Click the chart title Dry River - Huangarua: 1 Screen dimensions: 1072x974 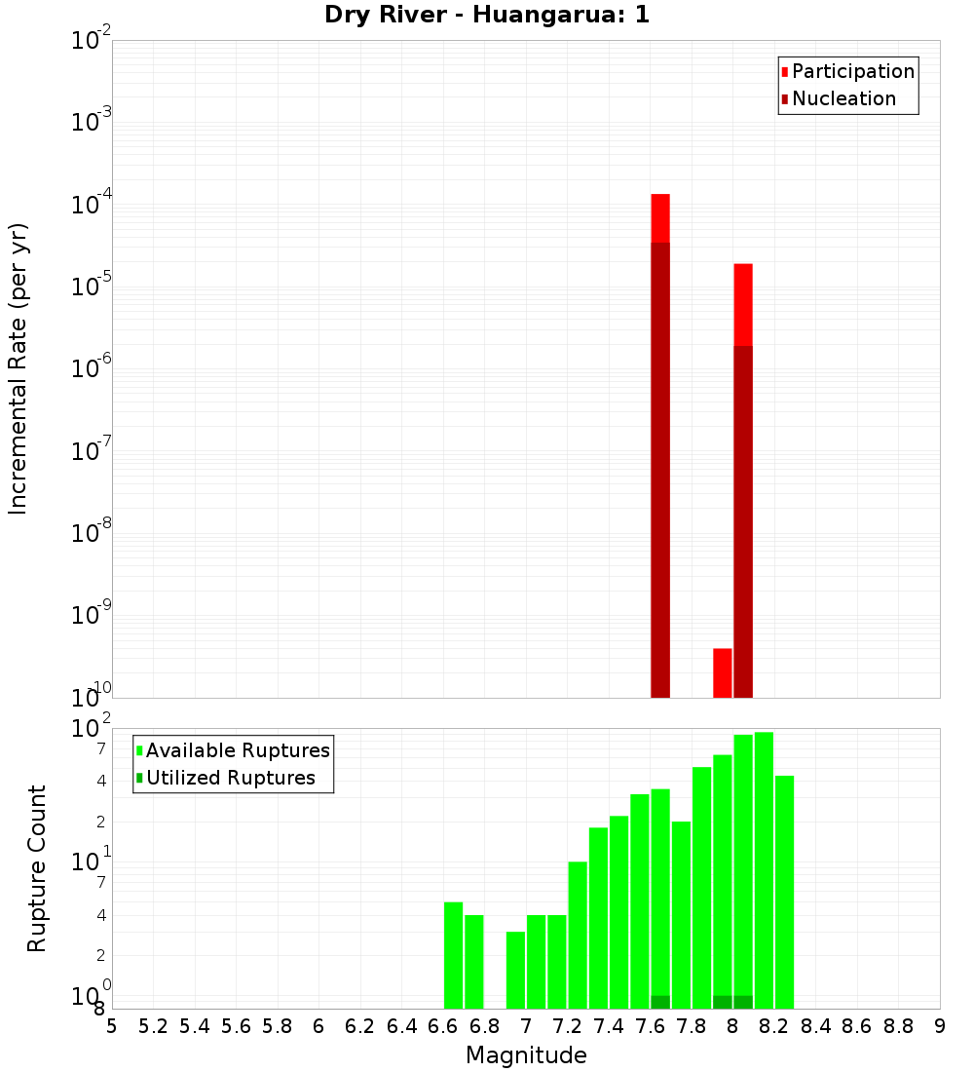(x=487, y=15)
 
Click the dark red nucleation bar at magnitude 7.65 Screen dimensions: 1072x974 (x=660, y=468)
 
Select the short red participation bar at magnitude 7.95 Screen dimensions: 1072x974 (x=723, y=672)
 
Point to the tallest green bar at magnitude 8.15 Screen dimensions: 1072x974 (x=764, y=867)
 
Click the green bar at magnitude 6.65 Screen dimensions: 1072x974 (x=453, y=955)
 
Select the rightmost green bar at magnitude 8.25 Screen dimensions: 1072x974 (x=784, y=892)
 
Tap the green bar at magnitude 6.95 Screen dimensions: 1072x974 (x=515, y=970)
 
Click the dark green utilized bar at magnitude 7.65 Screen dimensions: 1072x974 (x=660, y=1002)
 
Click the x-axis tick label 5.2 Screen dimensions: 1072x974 (x=153, y=1026)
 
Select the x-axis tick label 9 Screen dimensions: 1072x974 (x=940, y=1026)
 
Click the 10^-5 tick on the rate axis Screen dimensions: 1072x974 (x=92, y=287)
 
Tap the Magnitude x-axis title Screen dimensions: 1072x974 (x=526, y=1055)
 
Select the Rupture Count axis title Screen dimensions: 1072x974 (x=37, y=867)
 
